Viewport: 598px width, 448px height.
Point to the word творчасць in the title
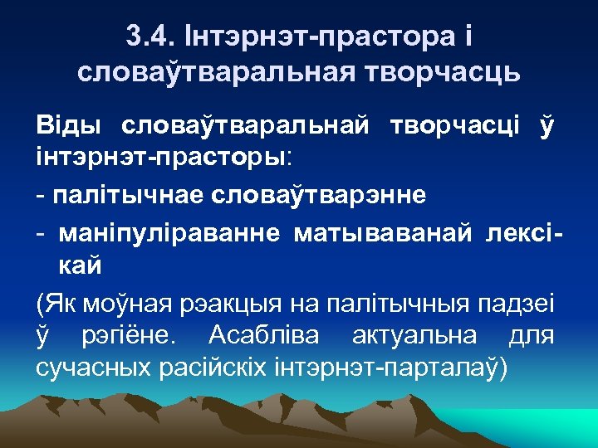point(432,72)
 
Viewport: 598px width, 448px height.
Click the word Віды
point(69,125)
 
